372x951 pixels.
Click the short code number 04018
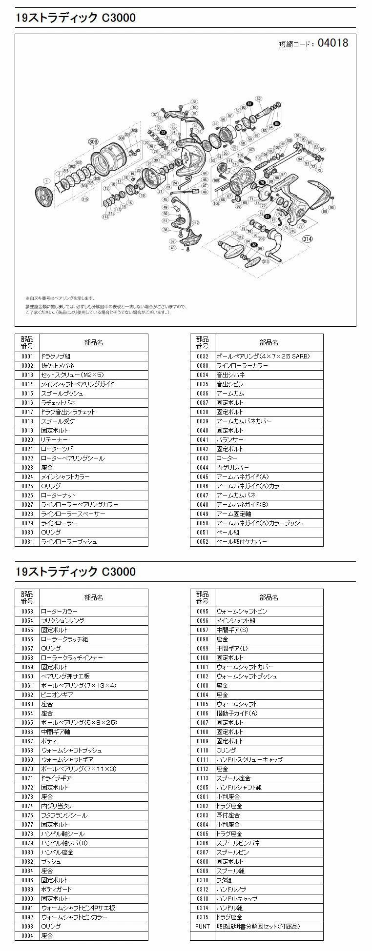(x=332, y=43)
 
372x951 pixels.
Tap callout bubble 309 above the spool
(x=93, y=142)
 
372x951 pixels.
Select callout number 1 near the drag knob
(x=45, y=180)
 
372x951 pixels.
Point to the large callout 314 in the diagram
(x=307, y=238)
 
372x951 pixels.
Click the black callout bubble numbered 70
(x=262, y=182)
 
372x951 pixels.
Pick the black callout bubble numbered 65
(x=276, y=123)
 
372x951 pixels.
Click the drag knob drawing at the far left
(x=43, y=195)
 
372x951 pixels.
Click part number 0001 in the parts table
(x=27, y=357)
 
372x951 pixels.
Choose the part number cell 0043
(x=202, y=458)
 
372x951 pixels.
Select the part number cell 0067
(x=27, y=741)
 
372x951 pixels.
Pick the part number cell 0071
(x=27, y=778)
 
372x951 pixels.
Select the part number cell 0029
(x=27, y=523)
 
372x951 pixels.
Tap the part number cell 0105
(x=202, y=704)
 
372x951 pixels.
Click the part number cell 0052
(x=202, y=542)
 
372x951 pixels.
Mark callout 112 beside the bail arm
(x=196, y=223)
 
